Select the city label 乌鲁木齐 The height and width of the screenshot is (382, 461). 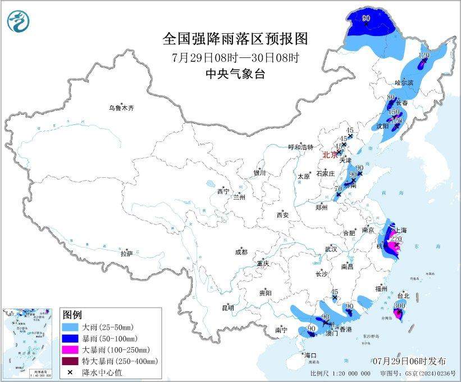(122, 107)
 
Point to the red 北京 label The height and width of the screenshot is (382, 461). (329, 154)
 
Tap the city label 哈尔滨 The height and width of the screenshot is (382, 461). (403, 83)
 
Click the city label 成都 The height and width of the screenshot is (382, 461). (241, 253)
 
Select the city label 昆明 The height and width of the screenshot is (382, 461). (227, 307)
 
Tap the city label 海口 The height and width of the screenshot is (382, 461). (311, 356)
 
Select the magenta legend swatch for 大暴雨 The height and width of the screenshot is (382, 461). (70, 349)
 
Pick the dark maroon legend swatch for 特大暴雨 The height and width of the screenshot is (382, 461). (70, 361)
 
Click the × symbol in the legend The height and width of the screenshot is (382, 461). (70, 372)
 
